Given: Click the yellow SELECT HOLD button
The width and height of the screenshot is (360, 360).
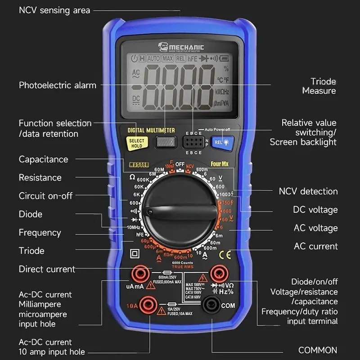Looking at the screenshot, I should tap(136, 143).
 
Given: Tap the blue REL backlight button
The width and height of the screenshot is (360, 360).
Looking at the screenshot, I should tap(222, 142).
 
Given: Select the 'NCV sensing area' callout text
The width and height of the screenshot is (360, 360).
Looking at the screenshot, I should tap(54, 10).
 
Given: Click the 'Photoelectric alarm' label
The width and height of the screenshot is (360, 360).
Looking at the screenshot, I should tap(58, 85).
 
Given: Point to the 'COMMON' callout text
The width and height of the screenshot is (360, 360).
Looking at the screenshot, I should tap(318, 350).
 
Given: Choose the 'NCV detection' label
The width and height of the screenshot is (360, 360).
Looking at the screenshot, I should tap(308, 191).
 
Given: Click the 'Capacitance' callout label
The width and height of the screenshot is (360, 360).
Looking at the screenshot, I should tap(43, 159).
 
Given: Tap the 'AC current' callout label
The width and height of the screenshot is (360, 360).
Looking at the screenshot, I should tap(316, 246).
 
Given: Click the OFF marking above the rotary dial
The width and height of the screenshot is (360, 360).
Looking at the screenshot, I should tap(180, 165).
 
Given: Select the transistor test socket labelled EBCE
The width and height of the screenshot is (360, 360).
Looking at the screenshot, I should tap(193, 143).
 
